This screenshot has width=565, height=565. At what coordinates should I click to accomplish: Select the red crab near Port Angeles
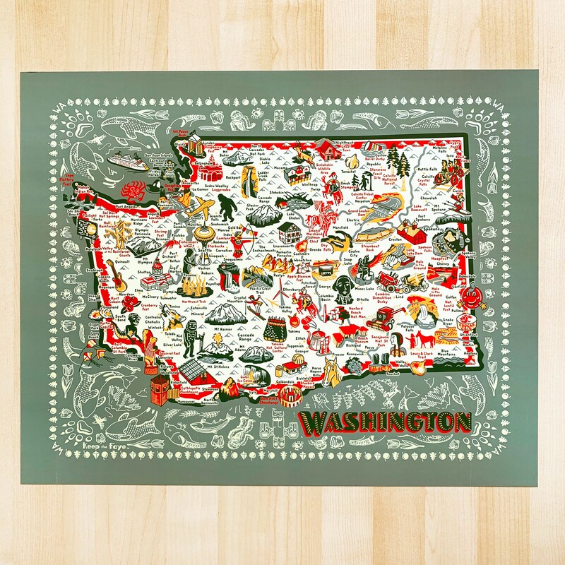pos(133,190)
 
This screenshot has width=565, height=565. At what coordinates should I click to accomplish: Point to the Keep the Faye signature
pos(101,447)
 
